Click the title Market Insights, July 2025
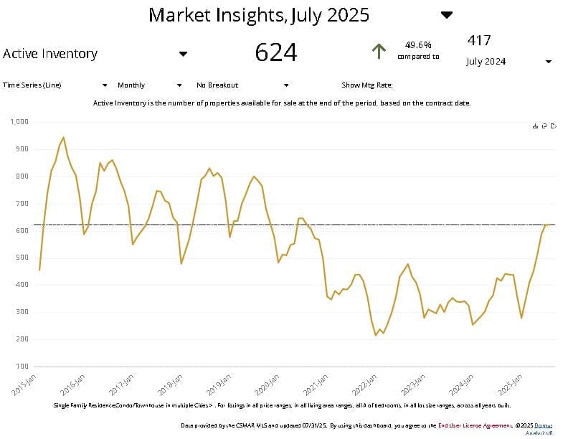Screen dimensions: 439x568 [258, 15]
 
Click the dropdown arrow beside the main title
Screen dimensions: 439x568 [447, 15]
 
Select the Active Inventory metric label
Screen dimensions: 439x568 [50, 54]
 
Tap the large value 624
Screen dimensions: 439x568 [276, 52]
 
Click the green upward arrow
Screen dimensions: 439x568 [379, 51]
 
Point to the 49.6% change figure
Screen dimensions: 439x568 [418, 44]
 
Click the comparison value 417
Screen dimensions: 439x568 [479, 41]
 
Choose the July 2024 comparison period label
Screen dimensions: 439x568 [486, 62]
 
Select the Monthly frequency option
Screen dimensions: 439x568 [131, 85]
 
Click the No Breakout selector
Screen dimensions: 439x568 [217, 85]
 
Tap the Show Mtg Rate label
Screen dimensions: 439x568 [367, 85]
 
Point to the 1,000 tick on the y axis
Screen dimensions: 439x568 [19, 122]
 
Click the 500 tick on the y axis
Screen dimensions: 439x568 [22, 258]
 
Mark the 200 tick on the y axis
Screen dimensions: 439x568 [22, 339]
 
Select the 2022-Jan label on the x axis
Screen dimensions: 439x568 [364, 384]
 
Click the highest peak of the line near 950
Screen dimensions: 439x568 [63, 137]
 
